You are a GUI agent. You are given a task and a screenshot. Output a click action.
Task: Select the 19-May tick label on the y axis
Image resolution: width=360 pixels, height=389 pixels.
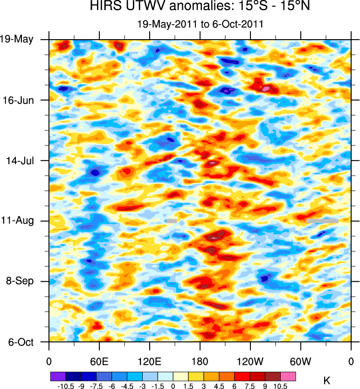coord(17,39)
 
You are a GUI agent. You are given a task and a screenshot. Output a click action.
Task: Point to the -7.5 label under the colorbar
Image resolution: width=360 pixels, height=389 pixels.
coord(96,385)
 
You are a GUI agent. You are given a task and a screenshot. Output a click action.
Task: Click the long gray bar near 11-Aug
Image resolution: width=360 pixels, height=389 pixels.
coord(322,221)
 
